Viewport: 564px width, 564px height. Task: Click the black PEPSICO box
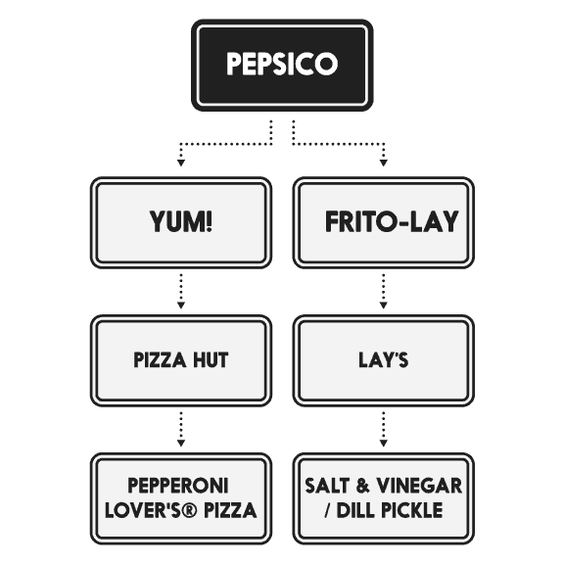tap(281, 65)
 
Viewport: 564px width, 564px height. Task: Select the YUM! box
tap(180, 222)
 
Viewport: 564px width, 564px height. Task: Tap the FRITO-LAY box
tap(384, 222)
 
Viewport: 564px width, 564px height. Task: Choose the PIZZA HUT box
tap(180, 360)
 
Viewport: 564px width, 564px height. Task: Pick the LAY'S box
tap(384, 360)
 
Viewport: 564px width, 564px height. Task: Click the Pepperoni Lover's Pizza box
tap(180, 497)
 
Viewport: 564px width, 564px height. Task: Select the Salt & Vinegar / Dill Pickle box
tap(384, 497)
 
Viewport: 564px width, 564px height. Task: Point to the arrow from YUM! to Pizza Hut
tap(180, 291)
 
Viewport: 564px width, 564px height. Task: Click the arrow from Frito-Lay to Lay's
tap(384, 291)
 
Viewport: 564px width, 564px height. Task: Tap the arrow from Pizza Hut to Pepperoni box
tap(180, 429)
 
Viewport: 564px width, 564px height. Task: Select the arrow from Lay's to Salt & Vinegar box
tap(384, 429)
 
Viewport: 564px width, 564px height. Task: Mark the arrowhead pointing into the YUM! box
tap(180, 162)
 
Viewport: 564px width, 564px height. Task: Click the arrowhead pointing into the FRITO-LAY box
tap(384, 162)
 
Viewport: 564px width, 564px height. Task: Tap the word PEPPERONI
tap(180, 486)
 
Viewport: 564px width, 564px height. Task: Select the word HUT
tap(211, 360)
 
